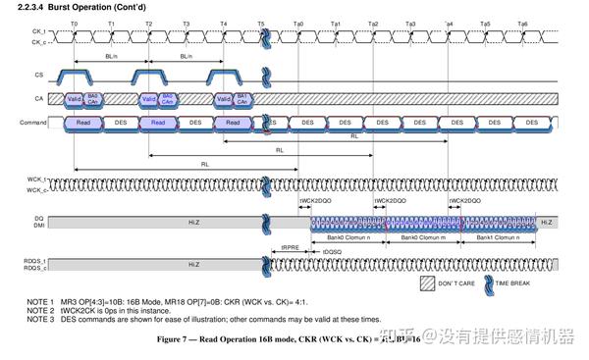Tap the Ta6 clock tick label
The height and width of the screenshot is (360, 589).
[522, 22]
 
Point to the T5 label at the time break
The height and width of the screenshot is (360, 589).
[261, 22]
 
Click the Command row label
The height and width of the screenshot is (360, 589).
[33, 123]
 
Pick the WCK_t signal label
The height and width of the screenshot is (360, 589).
[36, 180]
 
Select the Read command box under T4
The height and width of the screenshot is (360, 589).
[231, 123]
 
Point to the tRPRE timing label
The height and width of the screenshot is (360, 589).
[290, 246]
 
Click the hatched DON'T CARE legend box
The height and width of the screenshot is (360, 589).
[427, 282]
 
